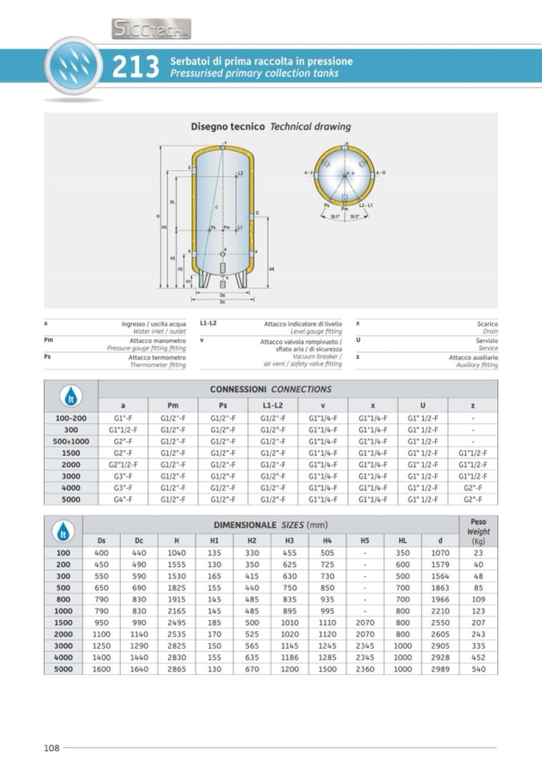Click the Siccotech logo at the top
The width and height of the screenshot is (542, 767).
(x=151, y=30)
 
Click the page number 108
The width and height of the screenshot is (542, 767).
(x=51, y=748)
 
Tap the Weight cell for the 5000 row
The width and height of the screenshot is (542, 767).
(x=478, y=669)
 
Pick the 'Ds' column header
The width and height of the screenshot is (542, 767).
(x=102, y=541)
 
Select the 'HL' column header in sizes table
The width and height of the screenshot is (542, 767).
(x=403, y=541)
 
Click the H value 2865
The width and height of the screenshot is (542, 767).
(x=177, y=669)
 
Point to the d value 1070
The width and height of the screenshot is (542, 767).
(x=440, y=553)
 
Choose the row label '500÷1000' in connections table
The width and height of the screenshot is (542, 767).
(x=71, y=441)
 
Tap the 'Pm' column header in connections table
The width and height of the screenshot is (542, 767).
(x=173, y=405)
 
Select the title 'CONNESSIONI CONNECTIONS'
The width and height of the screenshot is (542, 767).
(x=270, y=389)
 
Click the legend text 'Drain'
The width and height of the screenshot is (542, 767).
(x=490, y=330)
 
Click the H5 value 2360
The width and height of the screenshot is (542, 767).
(x=365, y=669)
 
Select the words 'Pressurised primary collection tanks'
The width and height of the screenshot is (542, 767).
(x=254, y=74)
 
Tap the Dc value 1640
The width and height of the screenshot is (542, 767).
(x=139, y=669)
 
